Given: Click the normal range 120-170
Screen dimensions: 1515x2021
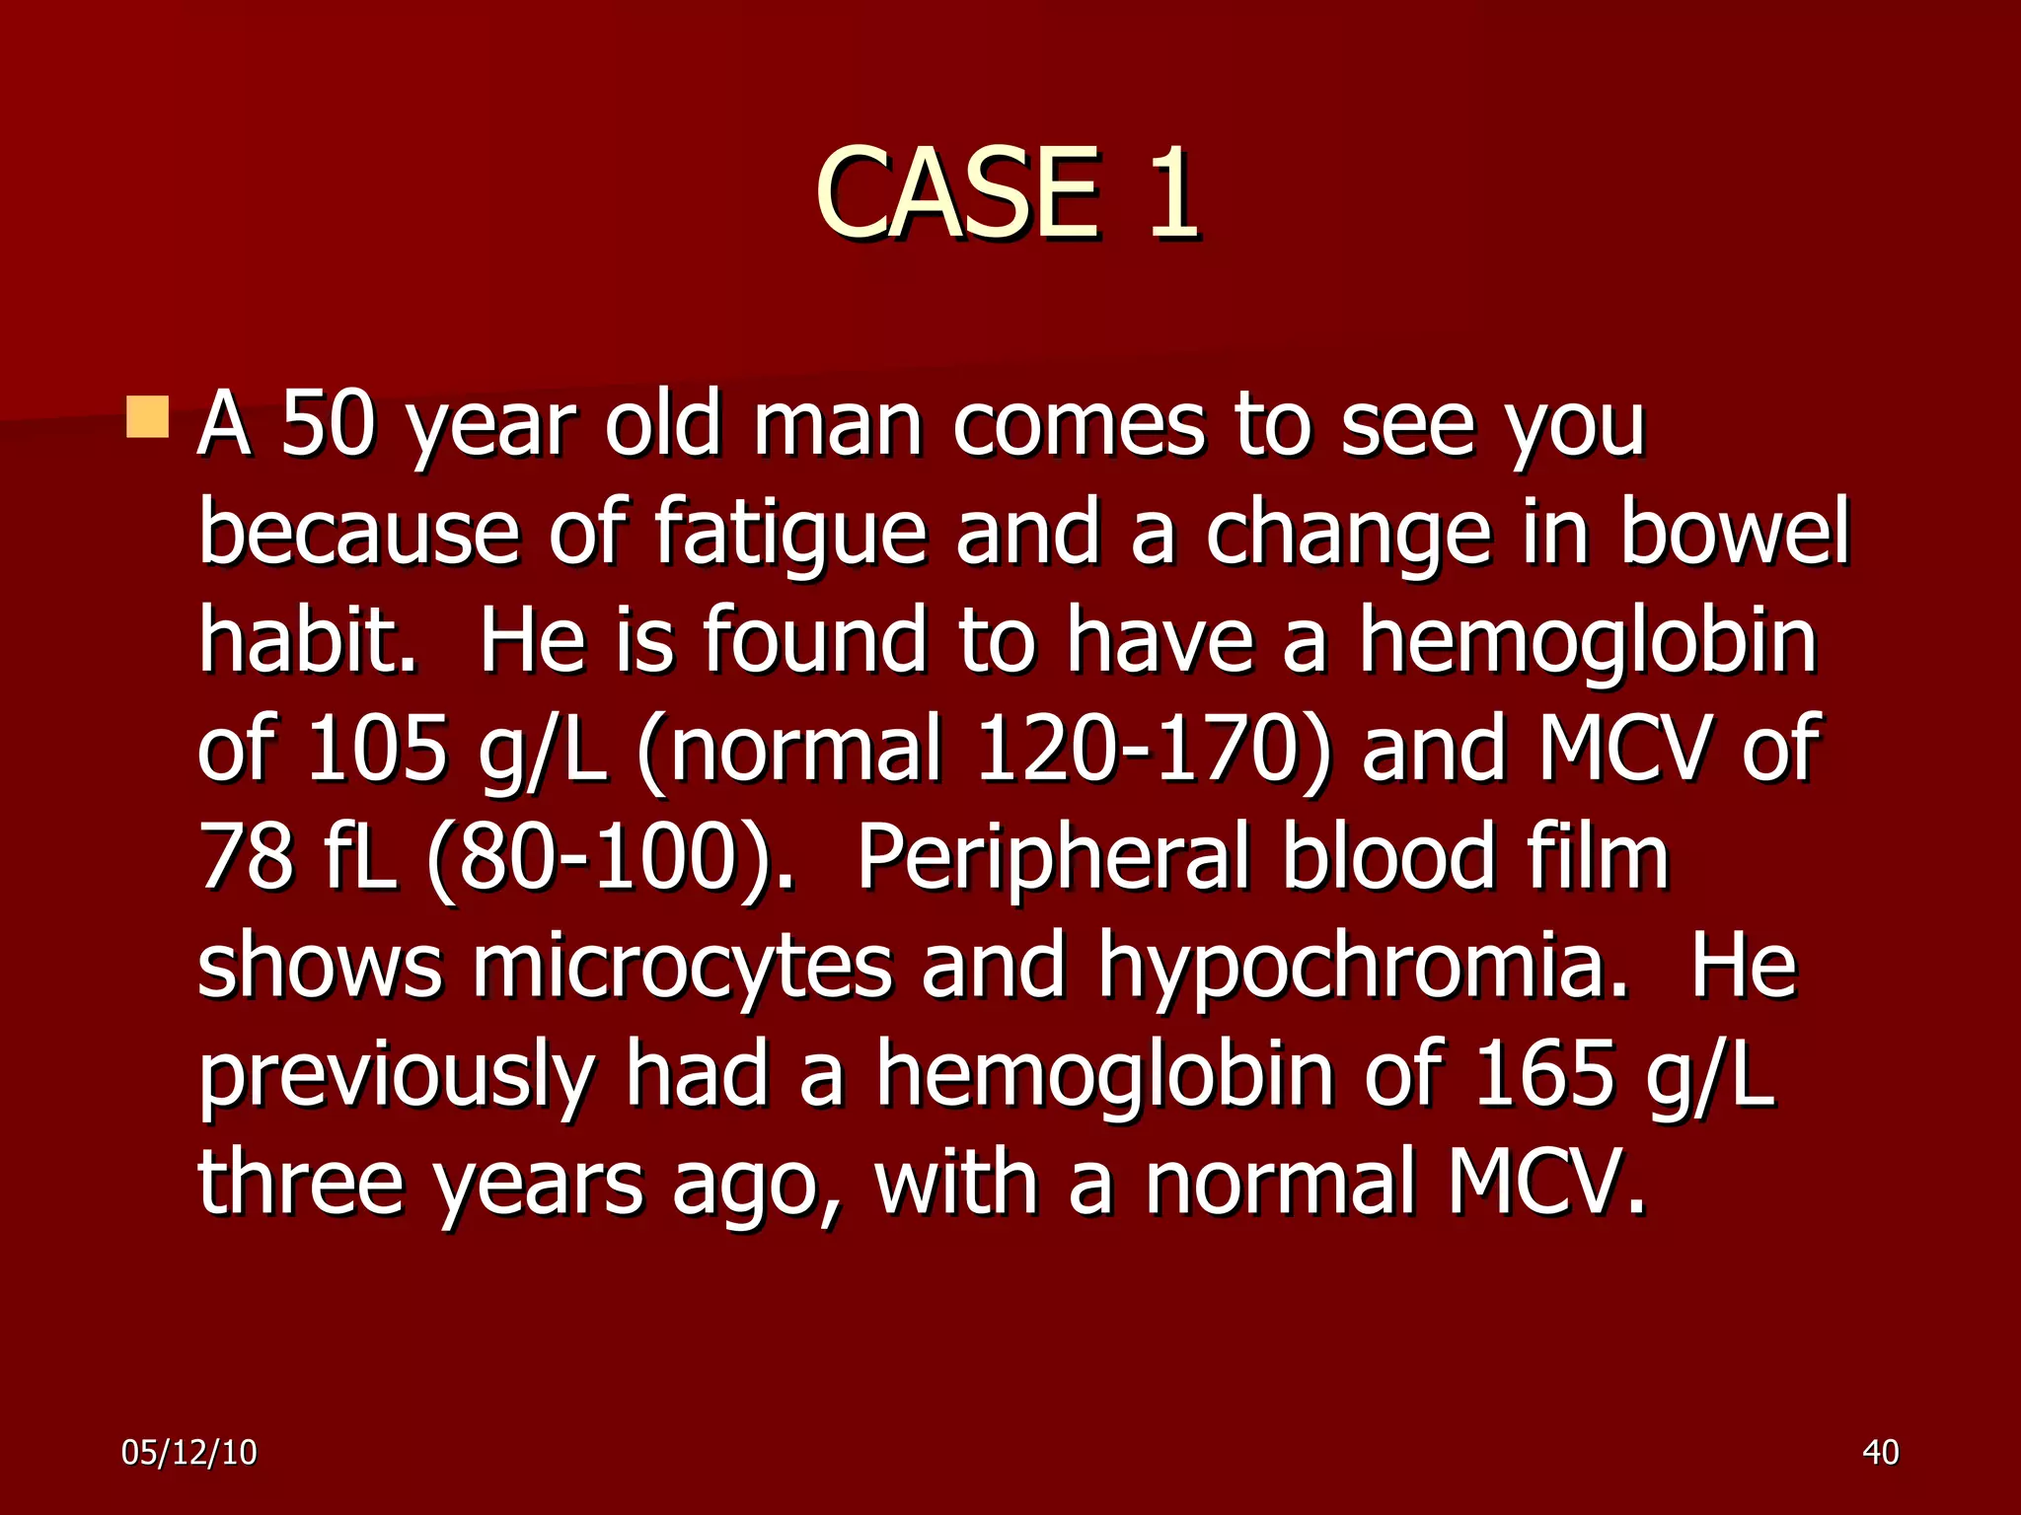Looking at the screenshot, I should pos(1145,750).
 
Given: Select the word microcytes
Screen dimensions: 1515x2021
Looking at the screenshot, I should pos(682,967).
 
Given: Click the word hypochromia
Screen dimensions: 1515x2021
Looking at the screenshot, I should pos(1362,967).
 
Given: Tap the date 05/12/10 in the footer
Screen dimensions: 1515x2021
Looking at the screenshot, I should pos(189,1453).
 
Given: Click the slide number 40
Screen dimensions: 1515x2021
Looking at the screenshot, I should pos(1881,1453).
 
